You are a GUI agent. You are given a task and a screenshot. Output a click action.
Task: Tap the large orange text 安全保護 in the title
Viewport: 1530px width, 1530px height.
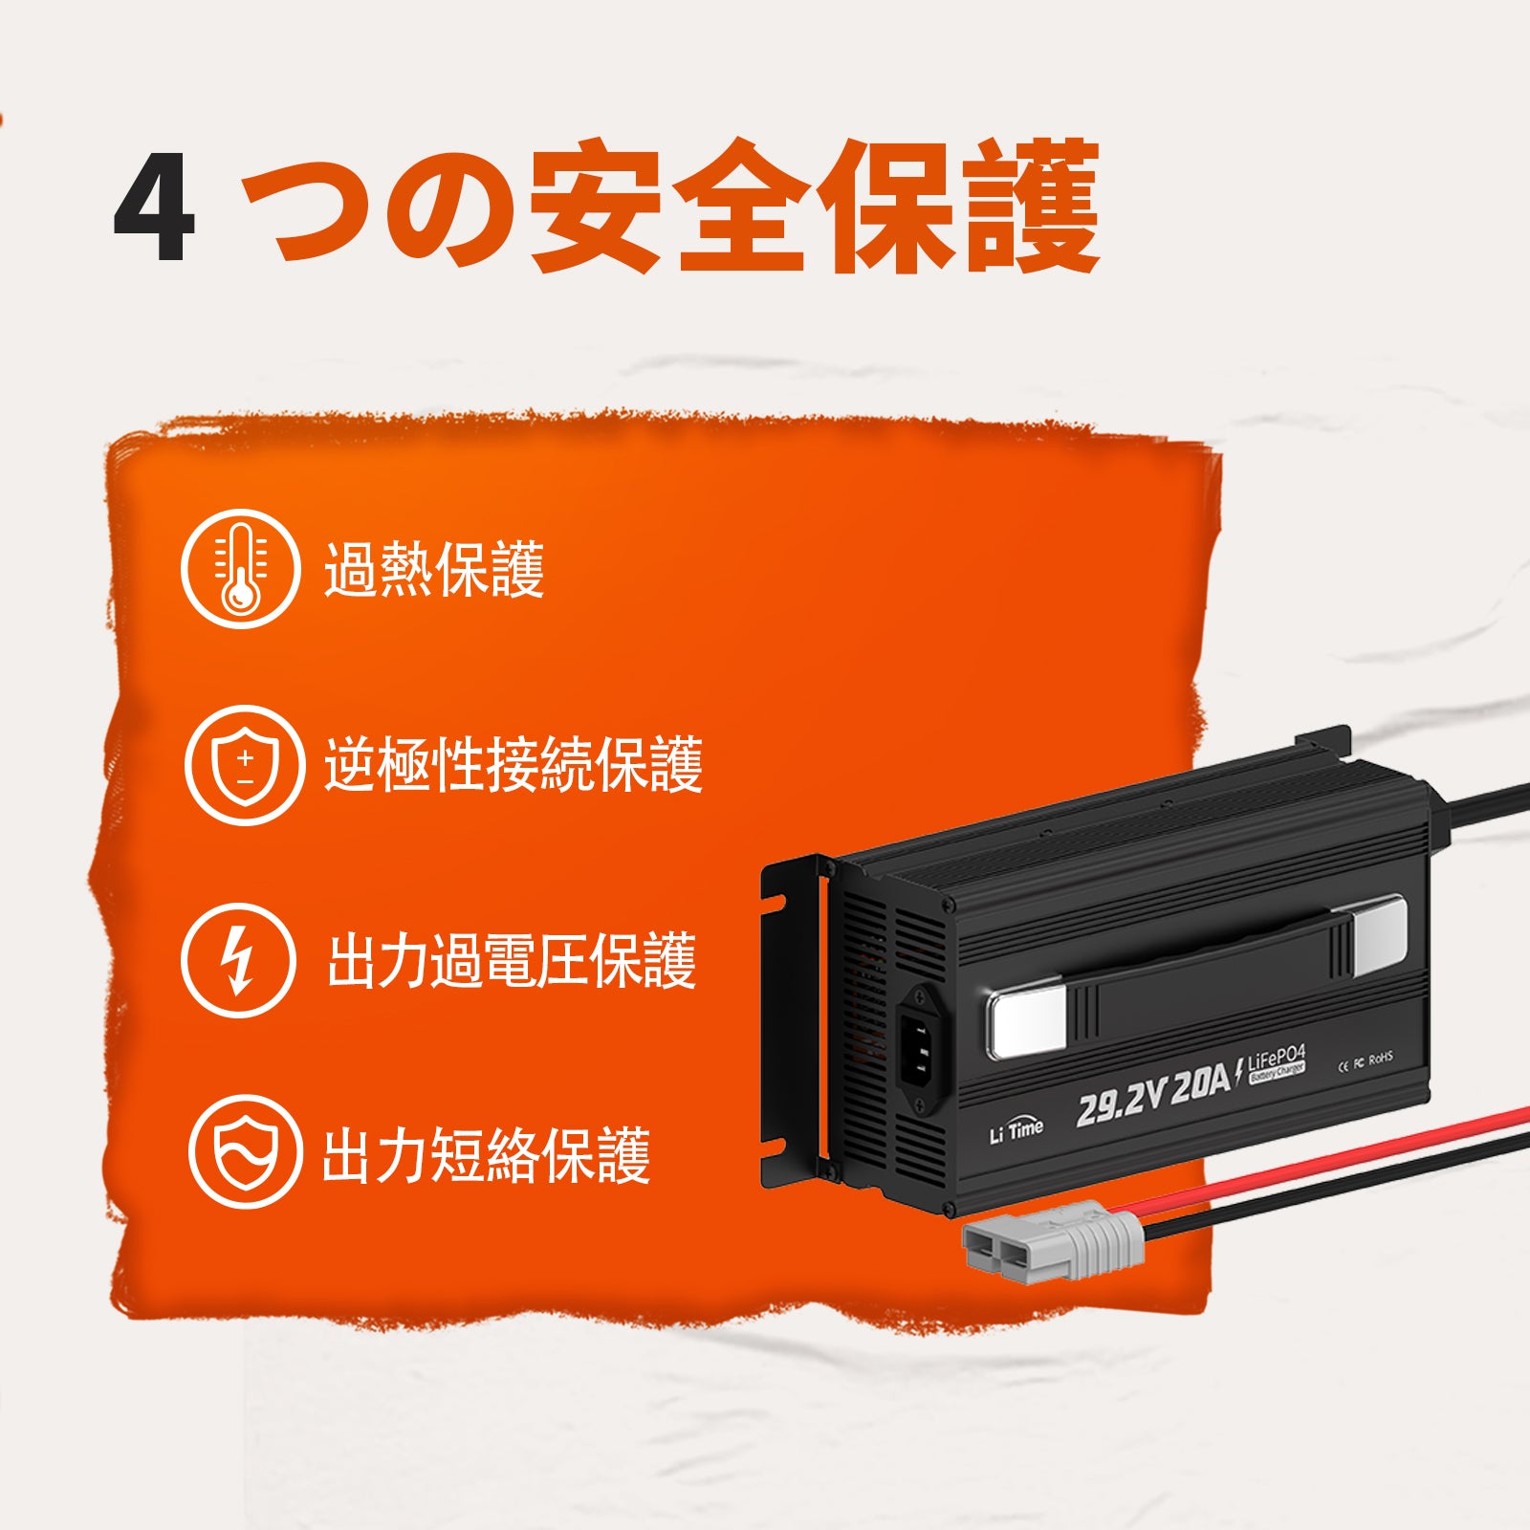pos(813,206)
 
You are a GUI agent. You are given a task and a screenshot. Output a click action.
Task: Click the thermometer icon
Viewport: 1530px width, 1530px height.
pos(241,568)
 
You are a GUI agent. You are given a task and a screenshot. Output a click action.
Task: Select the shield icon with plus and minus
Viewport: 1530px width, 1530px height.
pos(245,766)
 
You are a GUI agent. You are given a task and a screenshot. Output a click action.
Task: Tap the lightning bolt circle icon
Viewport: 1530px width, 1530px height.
pos(238,960)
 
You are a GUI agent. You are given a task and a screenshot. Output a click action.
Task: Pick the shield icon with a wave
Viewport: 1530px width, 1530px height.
pos(245,1151)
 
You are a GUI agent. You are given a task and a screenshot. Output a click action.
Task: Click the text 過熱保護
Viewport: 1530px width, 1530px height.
pos(434,570)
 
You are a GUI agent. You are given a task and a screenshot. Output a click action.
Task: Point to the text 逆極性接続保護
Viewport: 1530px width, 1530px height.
pos(514,765)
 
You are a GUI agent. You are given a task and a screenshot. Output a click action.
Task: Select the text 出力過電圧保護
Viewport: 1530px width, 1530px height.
pos(512,960)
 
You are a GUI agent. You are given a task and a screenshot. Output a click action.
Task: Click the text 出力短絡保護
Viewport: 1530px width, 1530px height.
pos(486,1155)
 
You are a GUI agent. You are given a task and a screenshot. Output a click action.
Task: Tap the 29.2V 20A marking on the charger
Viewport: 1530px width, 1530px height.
pos(1152,1096)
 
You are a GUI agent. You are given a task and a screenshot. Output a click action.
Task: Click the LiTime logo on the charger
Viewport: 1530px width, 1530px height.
pos(1016,1130)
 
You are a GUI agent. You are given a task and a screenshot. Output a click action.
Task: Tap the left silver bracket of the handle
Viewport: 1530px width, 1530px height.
pos(1027,1023)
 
